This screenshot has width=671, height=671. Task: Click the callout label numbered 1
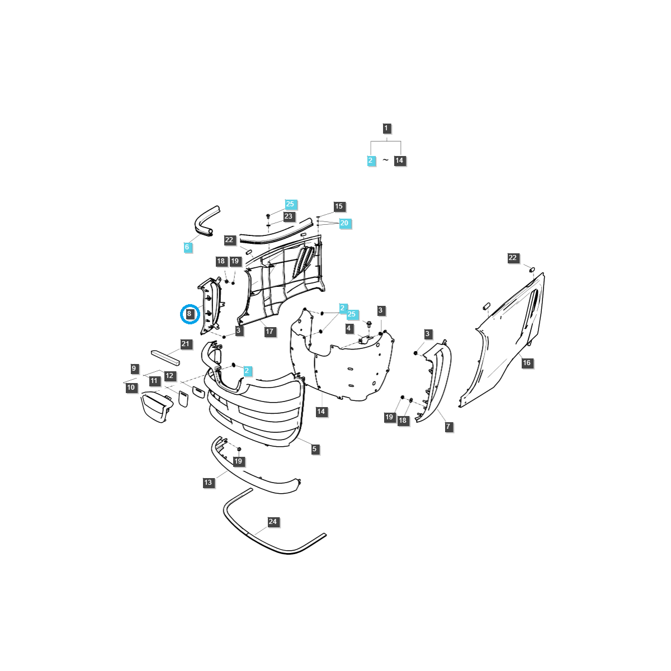(x=386, y=128)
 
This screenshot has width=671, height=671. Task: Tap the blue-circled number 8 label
(x=189, y=313)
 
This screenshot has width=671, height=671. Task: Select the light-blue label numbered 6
(x=187, y=247)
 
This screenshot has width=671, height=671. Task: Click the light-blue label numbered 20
(x=344, y=223)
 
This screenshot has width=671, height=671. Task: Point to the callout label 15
(x=339, y=206)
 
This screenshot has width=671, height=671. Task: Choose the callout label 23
(x=289, y=216)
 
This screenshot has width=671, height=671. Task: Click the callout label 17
(x=270, y=332)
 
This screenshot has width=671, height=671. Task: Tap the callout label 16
(x=527, y=363)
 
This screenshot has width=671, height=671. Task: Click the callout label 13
(x=208, y=482)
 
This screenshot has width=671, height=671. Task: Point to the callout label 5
(x=314, y=449)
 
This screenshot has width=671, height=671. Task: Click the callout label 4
(x=348, y=328)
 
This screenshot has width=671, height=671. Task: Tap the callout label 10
(x=131, y=388)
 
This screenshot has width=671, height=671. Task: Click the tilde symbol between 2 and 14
(x=385, y=160)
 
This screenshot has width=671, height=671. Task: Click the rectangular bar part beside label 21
(x=166, y=358)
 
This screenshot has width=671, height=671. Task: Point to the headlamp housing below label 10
(x=157, y=407)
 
